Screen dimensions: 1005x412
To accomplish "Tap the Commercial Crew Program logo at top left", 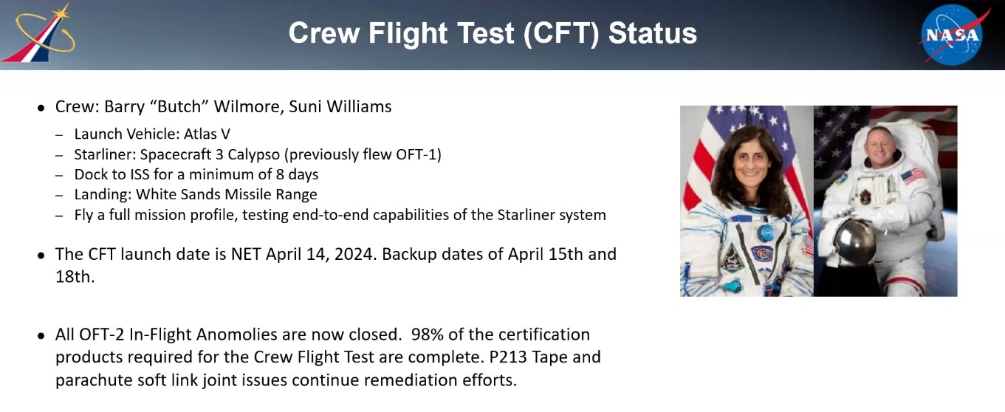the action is coord(38,33).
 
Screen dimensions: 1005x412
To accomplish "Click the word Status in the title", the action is coord(652,33).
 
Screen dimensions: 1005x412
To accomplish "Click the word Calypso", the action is coord(253,155).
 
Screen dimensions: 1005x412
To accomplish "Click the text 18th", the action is coord(75,277).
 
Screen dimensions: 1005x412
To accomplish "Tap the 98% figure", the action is coord(427,334).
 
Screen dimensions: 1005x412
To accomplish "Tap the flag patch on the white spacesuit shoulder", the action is coord(913,176).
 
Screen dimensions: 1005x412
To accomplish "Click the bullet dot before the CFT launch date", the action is coord(41,255).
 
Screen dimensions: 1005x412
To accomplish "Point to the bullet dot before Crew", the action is coord(41,108).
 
